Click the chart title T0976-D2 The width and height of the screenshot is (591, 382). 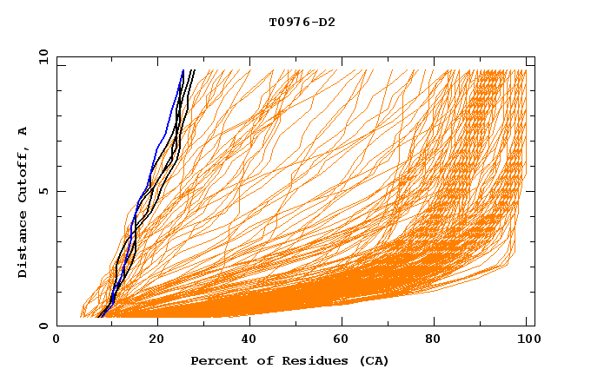302,23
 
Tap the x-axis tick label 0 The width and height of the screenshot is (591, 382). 56,340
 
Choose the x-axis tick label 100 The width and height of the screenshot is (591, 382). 528,340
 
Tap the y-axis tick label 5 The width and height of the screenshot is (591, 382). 43,191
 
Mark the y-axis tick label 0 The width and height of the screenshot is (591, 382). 43,326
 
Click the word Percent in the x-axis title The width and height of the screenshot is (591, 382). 216,360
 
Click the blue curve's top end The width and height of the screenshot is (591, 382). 183,71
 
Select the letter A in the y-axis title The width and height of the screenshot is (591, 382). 23,131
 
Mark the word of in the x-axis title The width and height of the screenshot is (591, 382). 256,360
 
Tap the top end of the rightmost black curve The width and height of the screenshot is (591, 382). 195,71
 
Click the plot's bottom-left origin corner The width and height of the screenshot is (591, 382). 57,326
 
